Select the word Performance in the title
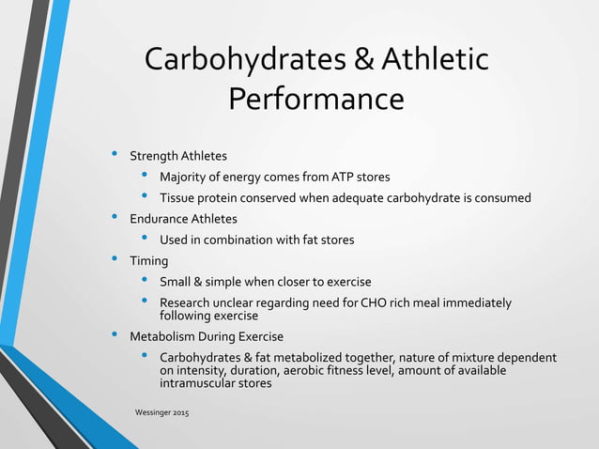click(x=316, y=99)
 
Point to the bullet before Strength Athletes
click(x=115, y=153)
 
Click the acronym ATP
click(x=333, y=177)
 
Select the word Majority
click(x=185, y=177)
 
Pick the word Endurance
click(x=160, y=219)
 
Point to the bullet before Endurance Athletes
click(x=115, y=217)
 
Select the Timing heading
click(x=148, y=261)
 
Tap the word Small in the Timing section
click(x=177, y=282)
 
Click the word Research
click(x=187, y=302)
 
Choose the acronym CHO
click(x=361, y=302)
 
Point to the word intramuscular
click(x=199, y=382)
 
